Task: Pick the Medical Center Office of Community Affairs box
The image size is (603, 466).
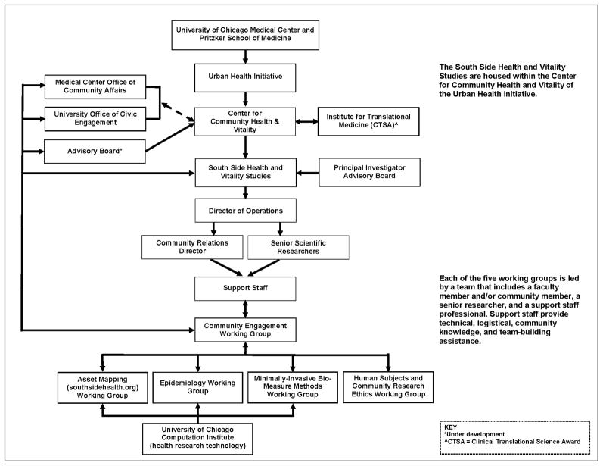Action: click(95, 86)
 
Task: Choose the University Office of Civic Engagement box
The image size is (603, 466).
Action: click(95, 118)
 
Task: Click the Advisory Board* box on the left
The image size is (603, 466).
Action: click(95, 150)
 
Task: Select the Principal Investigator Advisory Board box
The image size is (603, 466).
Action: click(368, 172)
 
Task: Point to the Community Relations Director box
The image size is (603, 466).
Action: click(192, 246)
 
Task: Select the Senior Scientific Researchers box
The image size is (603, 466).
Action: click(298, 246)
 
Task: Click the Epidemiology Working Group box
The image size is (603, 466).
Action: click(198, 386)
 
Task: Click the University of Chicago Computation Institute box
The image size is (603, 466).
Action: click(198, 437)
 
